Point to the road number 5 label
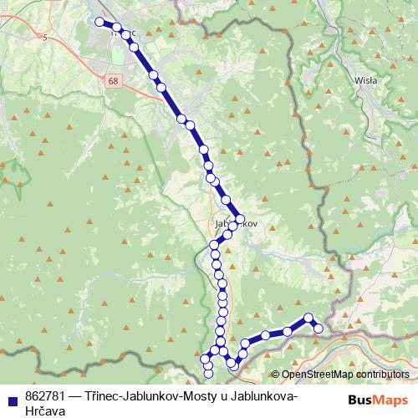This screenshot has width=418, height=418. (43, 37)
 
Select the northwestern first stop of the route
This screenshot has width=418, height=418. (99, 22)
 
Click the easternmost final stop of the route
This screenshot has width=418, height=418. (319, 328)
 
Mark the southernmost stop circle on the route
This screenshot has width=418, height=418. (208, 373)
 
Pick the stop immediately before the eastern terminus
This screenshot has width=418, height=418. (308, 318)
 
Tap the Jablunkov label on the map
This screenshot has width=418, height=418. (235, 224)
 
